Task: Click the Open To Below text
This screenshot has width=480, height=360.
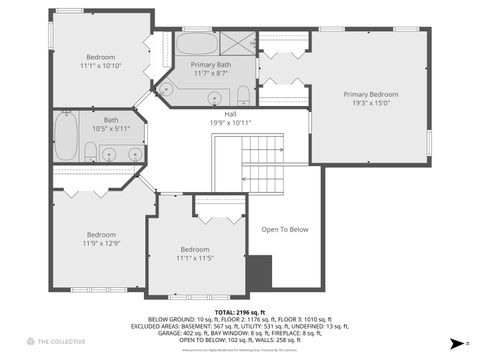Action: [285, 230]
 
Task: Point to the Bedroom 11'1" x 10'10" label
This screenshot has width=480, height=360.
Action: [100, 61]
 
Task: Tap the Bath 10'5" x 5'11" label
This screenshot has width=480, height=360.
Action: [110, 124]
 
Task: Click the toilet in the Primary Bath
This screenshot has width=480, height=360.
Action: [243, 96]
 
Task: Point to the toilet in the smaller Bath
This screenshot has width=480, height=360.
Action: [89, 152]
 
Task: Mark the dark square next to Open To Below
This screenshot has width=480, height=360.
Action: [259, 271]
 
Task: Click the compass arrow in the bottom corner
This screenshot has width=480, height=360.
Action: [455, 343]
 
